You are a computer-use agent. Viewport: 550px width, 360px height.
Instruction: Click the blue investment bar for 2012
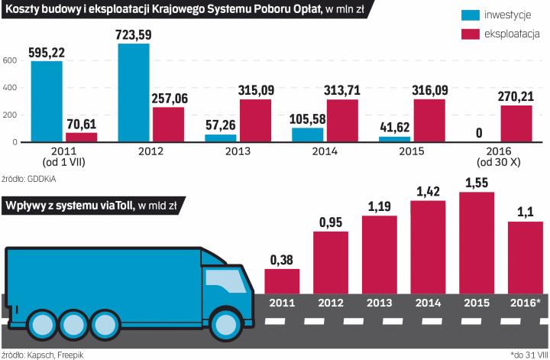[134, 92]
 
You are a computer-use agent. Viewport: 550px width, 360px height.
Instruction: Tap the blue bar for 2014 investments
[307, 135]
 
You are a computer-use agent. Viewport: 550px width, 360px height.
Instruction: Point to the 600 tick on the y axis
[9, 60]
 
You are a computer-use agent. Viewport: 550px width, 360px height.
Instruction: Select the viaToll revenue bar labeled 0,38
[282, 281]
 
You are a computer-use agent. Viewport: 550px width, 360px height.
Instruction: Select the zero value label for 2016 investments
[478, 134]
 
